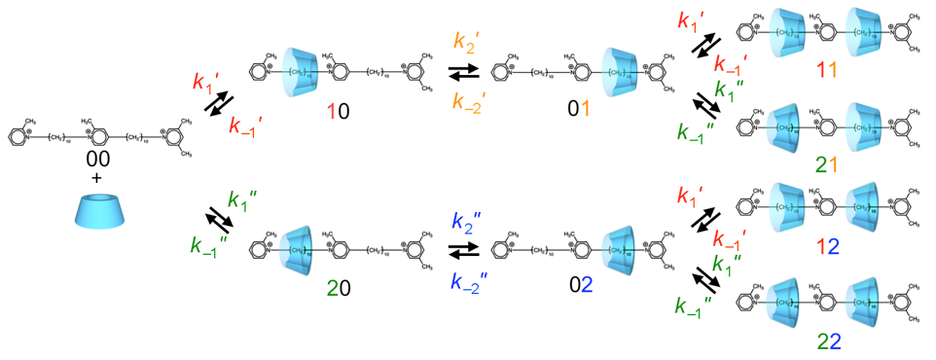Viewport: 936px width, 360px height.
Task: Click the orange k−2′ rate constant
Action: point(468,101)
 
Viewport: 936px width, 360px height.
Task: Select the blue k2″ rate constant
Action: point(468,221)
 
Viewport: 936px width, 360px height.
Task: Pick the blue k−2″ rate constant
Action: point(468,282)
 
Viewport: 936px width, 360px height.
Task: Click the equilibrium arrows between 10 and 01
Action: point(465,71)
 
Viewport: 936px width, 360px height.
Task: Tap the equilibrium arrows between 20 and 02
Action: point(465,251)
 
